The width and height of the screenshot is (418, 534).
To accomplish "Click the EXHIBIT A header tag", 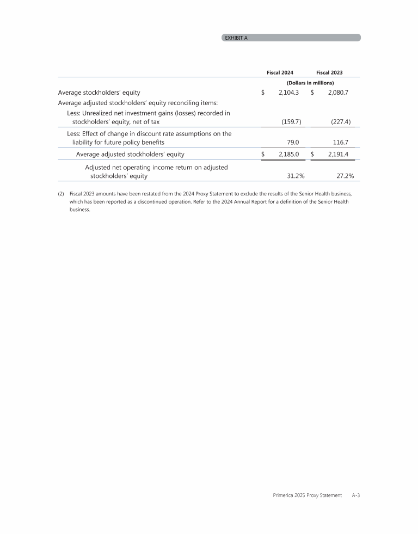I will pyautogui.click(x=236, y=38).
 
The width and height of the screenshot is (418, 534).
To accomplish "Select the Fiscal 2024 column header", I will pyautogui.click(x=280, y=72).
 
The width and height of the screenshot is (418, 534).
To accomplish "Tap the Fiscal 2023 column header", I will pyautogui.click(x=329, y=72).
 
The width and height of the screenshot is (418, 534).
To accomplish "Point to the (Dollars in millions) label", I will pyautogui.click(x=310, y=83).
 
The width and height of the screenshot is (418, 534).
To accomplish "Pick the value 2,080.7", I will pyautogui.click(x=337, y=93).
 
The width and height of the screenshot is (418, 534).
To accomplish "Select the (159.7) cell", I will pyautogui.click(x=291, y=122).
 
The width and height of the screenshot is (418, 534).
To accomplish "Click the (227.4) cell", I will pyautogui.click(x=341, y=122).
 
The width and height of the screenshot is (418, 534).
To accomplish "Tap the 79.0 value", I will pyautogui.click(x=293, y=142).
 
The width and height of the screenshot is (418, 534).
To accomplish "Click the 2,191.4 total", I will pyautogui.click(x=337, y=154).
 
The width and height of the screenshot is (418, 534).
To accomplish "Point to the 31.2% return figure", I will pyautogui.click(x=296, y=176).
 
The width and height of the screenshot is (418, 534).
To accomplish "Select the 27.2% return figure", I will pyautogui.click(x=345, y=176).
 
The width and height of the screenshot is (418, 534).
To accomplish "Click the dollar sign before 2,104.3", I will pyautogui.click(x=263, y=93).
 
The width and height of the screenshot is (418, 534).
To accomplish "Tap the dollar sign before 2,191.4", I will pyautogui.click(x=312, y=154).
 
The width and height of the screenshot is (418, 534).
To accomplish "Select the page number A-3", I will pyautogui.click(x=356, y=495).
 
